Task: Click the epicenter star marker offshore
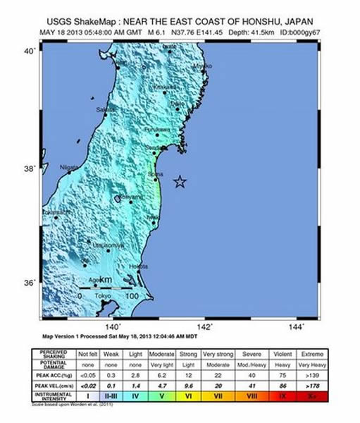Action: [x=180, y=182]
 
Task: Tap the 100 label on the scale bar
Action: [x=131, y=295]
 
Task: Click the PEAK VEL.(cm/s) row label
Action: [x=54, y=387]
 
